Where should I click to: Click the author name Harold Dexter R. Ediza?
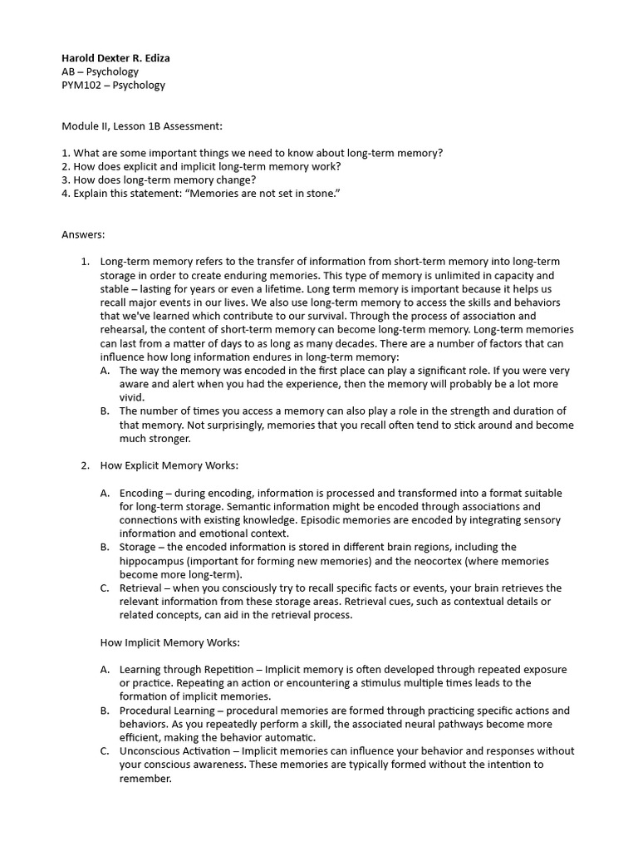(x=115, y=58)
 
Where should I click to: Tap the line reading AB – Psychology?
(x=100, y=71)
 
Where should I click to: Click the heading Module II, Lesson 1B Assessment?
(x=142, y=125)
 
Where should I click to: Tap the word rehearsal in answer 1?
(x=125, y=329)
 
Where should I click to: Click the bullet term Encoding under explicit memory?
(x=142, y=493)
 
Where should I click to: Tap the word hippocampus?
(x=152, y=560)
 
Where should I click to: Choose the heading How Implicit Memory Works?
(x=169, y=642)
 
